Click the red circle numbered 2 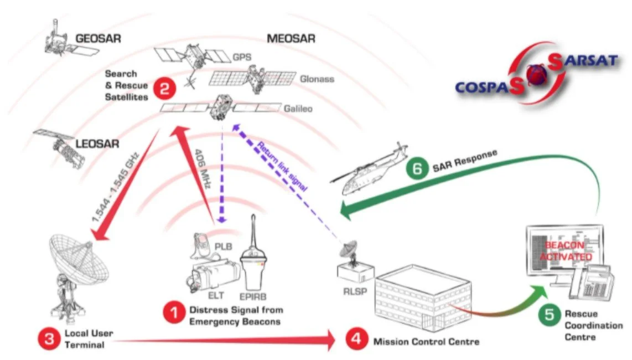164,88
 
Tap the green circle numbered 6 417,168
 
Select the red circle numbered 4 356,338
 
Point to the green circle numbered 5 549,315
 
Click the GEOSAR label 99,39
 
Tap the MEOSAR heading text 291,39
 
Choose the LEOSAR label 97,143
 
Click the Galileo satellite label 298,109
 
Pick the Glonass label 317,79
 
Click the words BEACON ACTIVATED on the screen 565,251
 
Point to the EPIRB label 253,297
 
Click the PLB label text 223,246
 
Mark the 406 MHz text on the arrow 203,169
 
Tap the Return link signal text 282,166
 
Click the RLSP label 355,291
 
